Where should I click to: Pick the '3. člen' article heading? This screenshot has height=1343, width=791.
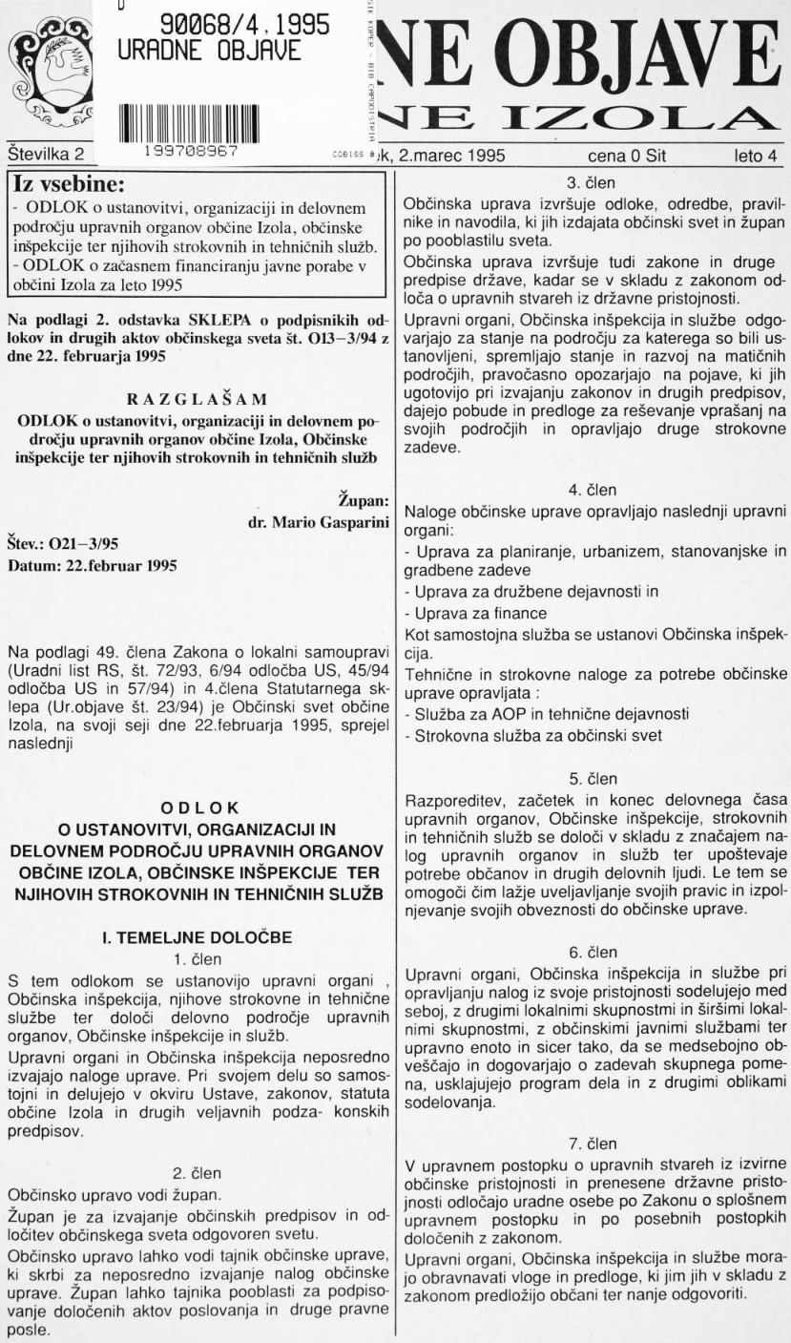(x=592, y=178)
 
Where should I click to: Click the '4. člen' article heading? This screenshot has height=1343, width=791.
(x=592, y=491)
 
